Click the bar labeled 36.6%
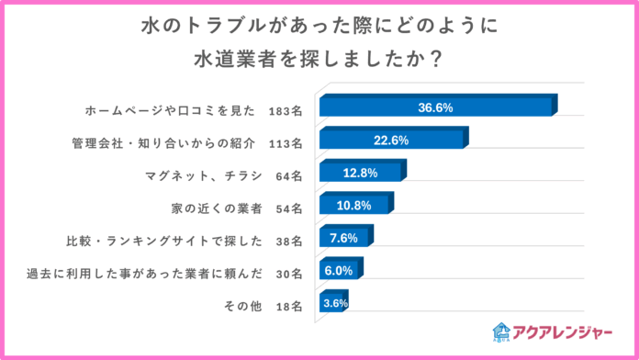point(435,108)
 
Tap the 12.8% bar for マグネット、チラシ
point(360,174)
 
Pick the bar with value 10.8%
point(353,206)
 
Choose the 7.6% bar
point(342,239)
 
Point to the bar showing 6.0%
point(339,272)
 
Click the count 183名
point(286,110)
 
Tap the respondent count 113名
point(286,142)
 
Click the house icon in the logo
point(501,332)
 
